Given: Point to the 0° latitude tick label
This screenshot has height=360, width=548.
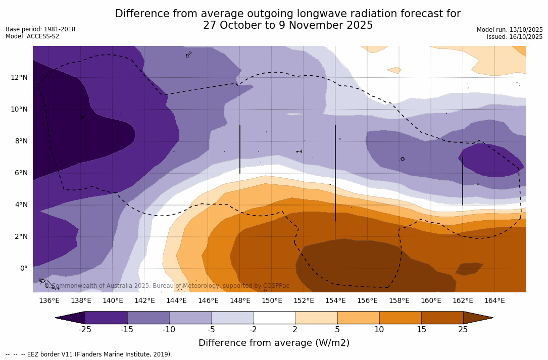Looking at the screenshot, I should pos(23,268).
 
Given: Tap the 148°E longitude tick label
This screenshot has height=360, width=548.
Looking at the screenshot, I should pos(240,301).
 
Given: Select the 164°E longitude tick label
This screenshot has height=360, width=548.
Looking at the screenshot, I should pos(494,301).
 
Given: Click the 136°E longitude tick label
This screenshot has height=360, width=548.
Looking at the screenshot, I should pos(49,301).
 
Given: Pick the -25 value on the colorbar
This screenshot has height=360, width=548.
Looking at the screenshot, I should pos(84,330).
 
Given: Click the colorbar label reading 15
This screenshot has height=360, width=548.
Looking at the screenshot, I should pos(421,330).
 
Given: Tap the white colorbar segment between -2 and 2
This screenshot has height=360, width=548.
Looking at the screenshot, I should pos(274,318).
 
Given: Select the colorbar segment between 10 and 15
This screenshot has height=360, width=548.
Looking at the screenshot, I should pos(400,318).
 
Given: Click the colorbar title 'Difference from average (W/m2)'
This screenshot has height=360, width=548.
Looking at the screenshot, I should pos(274,343).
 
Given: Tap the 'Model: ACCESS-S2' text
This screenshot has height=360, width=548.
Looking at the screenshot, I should pos(32,36).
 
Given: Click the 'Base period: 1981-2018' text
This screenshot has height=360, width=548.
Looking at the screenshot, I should pos(40,29).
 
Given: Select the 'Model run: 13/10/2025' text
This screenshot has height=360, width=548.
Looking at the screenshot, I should pos(509,30).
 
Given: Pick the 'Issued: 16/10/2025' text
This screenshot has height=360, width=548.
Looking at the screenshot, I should pos(514,37).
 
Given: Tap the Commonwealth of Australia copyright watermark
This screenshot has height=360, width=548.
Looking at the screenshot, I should pos(167,286).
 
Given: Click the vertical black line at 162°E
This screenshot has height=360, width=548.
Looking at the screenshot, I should pos(463,181).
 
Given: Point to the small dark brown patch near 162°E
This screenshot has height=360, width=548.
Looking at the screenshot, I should pos(469,269).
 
